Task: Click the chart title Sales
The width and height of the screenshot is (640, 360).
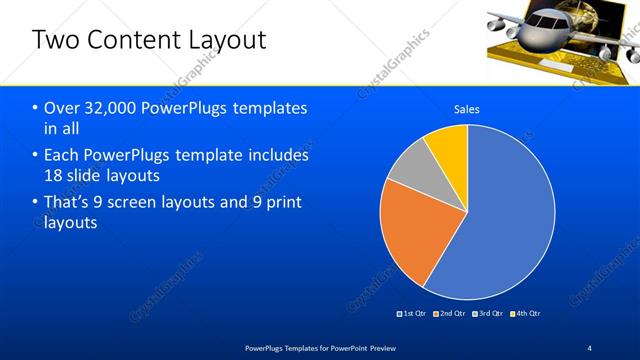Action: point(467,108)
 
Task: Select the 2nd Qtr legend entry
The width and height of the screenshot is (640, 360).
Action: point(453,314)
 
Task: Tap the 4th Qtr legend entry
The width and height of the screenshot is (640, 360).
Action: point(525,314)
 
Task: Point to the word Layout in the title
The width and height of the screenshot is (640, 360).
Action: point(227,41)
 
